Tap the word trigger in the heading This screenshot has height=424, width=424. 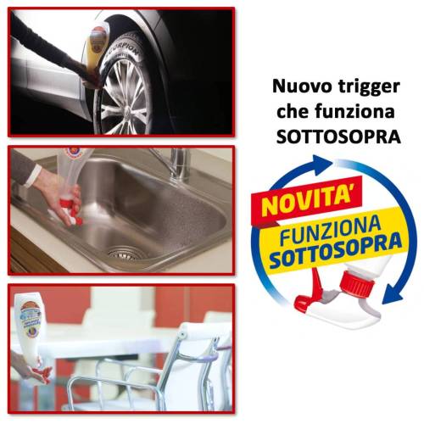coord(370,86)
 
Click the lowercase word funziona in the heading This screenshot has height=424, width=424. coord(352,111)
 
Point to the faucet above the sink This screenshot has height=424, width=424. coord(173,161)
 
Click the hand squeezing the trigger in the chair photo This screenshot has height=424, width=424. coord(24,366)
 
